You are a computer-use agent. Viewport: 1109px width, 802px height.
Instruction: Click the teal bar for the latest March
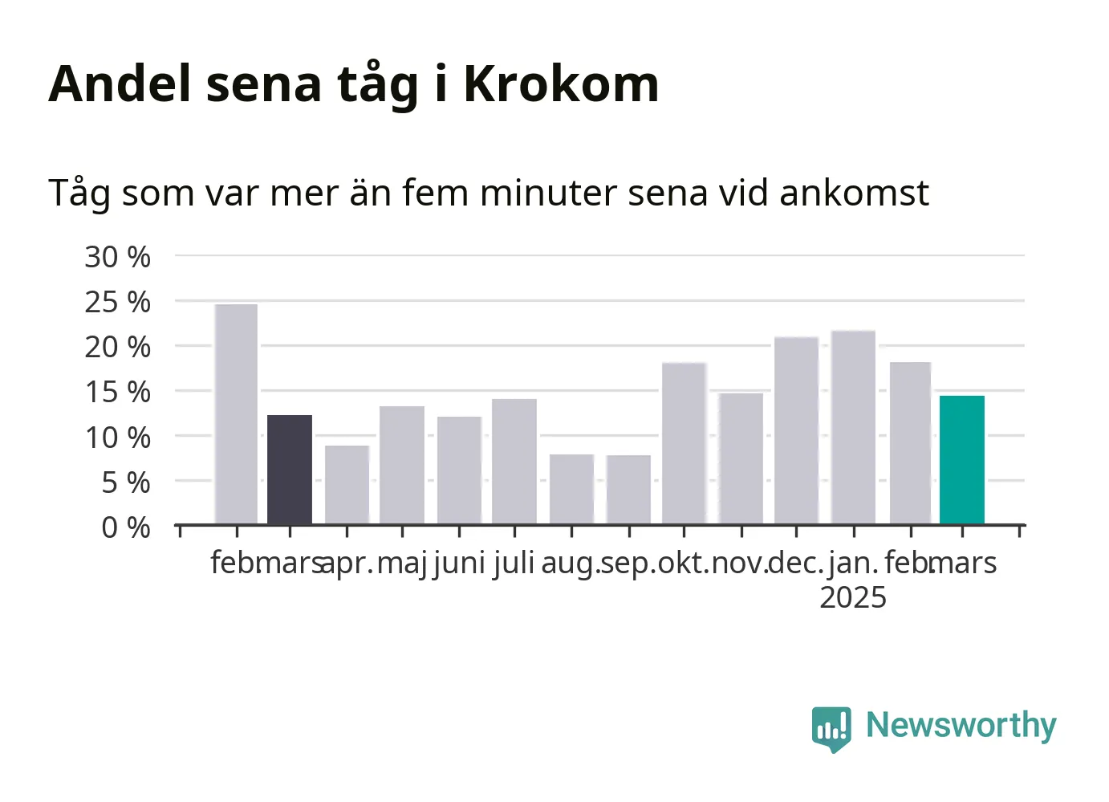pyautogui.click(x=962, y=460)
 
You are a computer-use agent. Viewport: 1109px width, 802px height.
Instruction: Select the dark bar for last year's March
pyautogui.click(x=290, y=470)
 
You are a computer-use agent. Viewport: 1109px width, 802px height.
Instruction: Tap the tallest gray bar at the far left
pyautogui.click(x=236, y=414)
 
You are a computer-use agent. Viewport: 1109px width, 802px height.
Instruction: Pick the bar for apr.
pyautogui.click(x=347, y=485)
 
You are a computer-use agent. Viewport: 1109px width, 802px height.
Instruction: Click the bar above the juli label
pyautogui.click(x=514, y=462)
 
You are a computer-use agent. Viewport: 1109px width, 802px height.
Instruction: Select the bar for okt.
pyautogui.click(x=684, y=443)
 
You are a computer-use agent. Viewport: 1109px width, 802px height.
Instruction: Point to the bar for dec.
pyautogui.click(x=796, y=430)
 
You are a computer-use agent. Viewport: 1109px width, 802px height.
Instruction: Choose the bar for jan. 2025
pyautogui.click(x=854, y=428)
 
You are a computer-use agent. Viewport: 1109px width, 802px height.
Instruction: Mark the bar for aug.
pyautogui.click(x=572, y=490)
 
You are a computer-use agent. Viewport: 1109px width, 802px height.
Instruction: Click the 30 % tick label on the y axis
pyautogui.click(x=117, y=257)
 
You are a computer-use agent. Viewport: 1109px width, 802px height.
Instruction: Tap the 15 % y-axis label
pyautogui.click(x=117, y=393)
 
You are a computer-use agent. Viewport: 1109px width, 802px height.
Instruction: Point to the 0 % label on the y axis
pyautogui.click(x=126, y=527)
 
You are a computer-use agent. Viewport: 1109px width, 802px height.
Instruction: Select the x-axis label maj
pyautogui.click(x=402, y=564)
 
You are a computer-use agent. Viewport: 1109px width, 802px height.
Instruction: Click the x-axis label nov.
pyautogui.click(x=740, y=564)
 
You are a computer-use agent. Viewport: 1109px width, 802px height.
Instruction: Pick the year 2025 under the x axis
pyautogui.click(x=853, y=597)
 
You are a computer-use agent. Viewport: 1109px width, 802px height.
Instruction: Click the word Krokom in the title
pyautogui.click(x=562, y=83)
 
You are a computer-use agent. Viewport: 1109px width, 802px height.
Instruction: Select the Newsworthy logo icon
pyautogui.click(x=831, y=729)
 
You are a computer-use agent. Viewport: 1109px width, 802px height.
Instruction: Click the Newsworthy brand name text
pyautogui.click(x=961, y=727)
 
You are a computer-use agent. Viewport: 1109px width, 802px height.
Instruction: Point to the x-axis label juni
pyautogui.click(x=460, y=564)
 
